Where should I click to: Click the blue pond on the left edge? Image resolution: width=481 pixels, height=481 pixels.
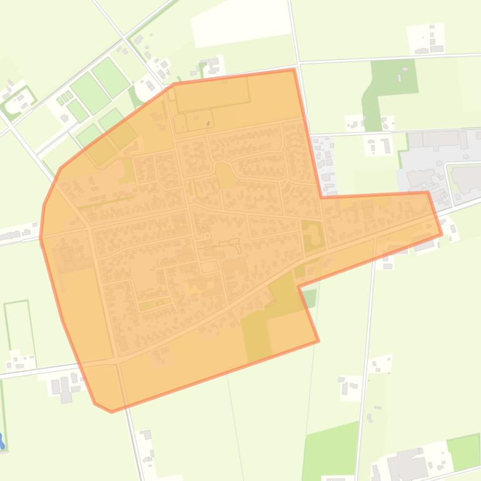(2, 442)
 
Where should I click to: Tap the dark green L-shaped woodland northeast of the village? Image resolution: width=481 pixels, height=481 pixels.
(392, 84)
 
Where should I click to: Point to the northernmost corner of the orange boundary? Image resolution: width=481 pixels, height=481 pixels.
(293, 69)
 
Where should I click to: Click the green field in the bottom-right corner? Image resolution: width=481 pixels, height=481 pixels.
(463, 451)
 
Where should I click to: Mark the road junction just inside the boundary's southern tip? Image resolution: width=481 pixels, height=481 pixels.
(117, 360)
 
